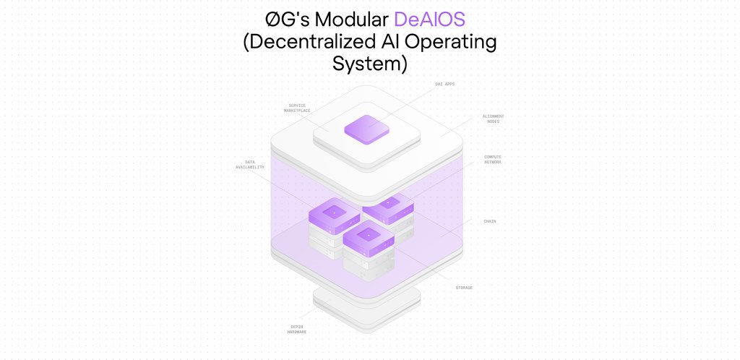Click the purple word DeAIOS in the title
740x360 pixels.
point(430,20)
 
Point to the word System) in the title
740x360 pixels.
point(370,64)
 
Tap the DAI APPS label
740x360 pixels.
point(444,84)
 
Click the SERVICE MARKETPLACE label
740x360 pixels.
point(298,108)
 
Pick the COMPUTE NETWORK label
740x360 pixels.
point(493,159)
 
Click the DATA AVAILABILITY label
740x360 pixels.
point(249,164)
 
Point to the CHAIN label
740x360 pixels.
point(490,221)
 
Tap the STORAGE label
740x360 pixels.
point(464,288)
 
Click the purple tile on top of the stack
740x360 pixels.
point(366,129)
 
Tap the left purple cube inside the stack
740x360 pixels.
point(334,213)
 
